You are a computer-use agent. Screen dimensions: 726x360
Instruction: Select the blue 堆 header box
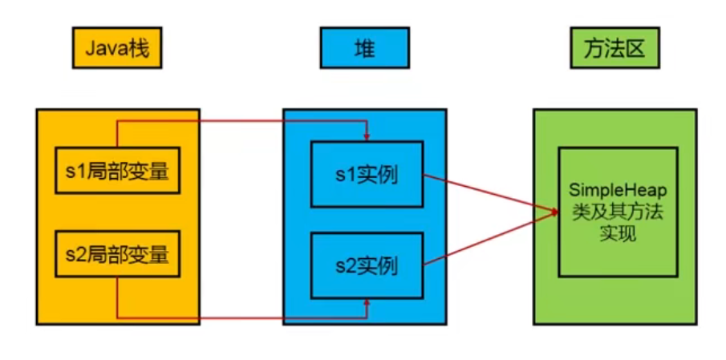364,51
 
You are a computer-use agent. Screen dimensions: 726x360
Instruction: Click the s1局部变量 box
117,170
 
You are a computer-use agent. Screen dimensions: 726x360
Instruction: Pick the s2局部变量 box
117,255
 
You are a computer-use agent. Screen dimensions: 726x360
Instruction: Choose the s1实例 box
366,174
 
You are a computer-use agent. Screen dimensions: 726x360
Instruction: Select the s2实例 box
366,264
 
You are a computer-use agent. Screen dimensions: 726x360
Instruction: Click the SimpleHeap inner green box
614,212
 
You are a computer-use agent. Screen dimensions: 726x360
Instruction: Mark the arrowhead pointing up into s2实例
367,303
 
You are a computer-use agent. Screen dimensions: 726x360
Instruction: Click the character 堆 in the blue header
364,51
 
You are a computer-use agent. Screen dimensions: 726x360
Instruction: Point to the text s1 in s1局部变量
74,171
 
